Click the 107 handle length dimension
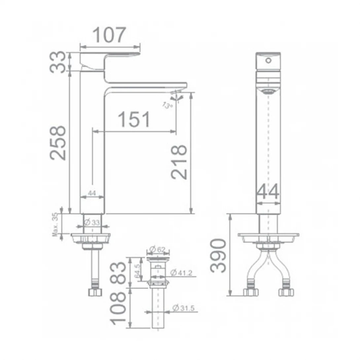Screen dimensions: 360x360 [109, 35]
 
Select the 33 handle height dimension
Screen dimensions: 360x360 [59, 62]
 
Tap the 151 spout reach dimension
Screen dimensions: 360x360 [134, 120]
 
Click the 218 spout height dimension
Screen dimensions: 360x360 [180, 162]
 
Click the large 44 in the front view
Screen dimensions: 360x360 [268, 192]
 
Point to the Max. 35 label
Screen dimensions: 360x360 [55, 225]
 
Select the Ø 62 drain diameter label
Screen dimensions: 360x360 [157, 249]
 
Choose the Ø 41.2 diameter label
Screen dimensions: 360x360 [183, 273]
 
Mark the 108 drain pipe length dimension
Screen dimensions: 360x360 [119, 307]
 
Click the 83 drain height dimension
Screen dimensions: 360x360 [119, 272]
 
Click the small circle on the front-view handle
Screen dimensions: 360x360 [269, 60]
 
